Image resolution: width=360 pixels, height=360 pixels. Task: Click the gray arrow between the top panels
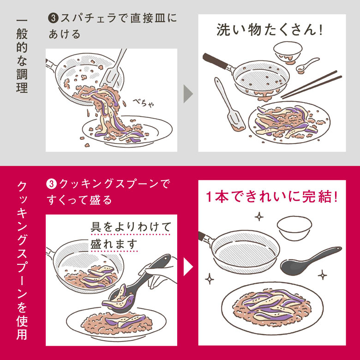188,94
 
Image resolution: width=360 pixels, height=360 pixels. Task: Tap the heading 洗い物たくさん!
270,30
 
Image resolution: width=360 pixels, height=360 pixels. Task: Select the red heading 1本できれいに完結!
271,197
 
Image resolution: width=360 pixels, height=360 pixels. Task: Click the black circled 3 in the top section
53,18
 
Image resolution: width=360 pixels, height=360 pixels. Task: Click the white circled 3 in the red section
51,184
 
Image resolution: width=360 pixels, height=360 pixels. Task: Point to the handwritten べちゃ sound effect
143,103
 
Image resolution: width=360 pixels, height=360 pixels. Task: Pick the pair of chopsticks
312,85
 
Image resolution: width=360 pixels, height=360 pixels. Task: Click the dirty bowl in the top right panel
288,52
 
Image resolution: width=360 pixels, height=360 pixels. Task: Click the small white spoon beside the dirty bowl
307,65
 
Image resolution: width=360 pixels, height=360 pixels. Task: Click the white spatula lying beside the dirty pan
229,105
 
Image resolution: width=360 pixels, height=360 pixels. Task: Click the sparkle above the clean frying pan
259,216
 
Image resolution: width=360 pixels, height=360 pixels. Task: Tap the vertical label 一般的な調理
22,56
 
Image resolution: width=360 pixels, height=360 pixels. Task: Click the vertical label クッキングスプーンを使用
22,261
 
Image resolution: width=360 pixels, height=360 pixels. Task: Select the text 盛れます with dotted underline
114,244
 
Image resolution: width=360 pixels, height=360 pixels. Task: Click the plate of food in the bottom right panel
272,308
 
